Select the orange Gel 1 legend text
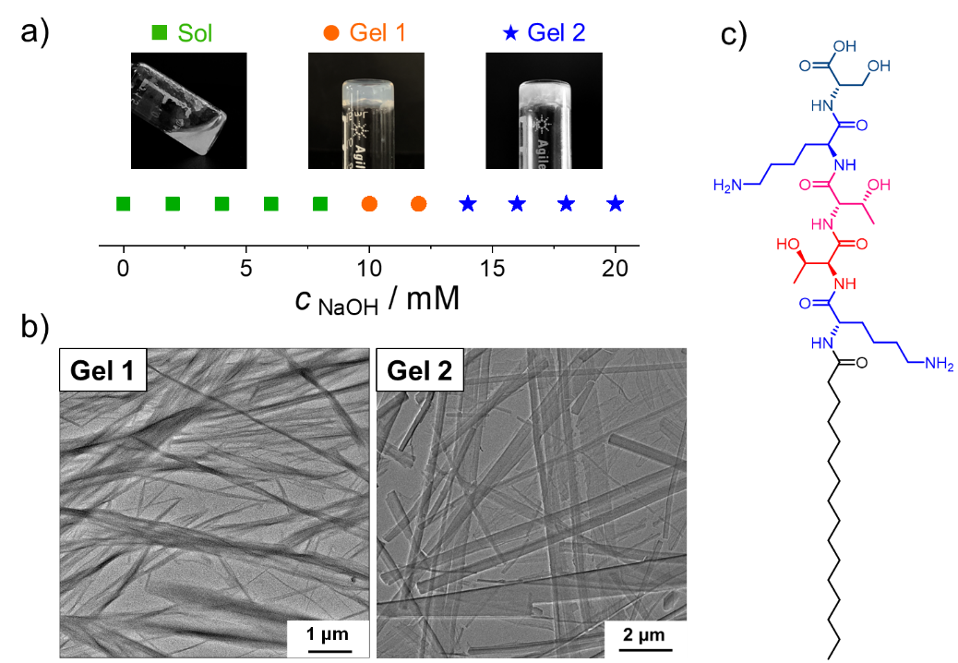(377, 34)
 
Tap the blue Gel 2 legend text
(557, 34)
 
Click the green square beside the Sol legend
(160, 35)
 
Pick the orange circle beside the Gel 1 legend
(331, 35)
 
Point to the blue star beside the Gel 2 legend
(510, 35)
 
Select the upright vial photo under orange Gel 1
(366, 110)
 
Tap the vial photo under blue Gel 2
(545, 110)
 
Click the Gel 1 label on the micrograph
(103, 371)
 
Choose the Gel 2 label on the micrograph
(420, 371)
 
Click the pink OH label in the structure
(880, 186)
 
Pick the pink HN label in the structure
(821, 224)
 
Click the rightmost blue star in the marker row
(616, 203)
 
